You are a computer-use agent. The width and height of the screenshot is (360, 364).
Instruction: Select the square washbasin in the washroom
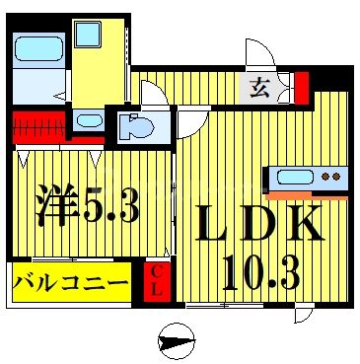88,35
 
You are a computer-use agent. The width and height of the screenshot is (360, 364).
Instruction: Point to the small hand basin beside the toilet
89,121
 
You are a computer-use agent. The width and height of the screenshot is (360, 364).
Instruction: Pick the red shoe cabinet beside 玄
302,87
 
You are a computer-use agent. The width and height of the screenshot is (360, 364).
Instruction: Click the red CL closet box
156,281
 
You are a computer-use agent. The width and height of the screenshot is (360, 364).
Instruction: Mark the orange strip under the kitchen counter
307,196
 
